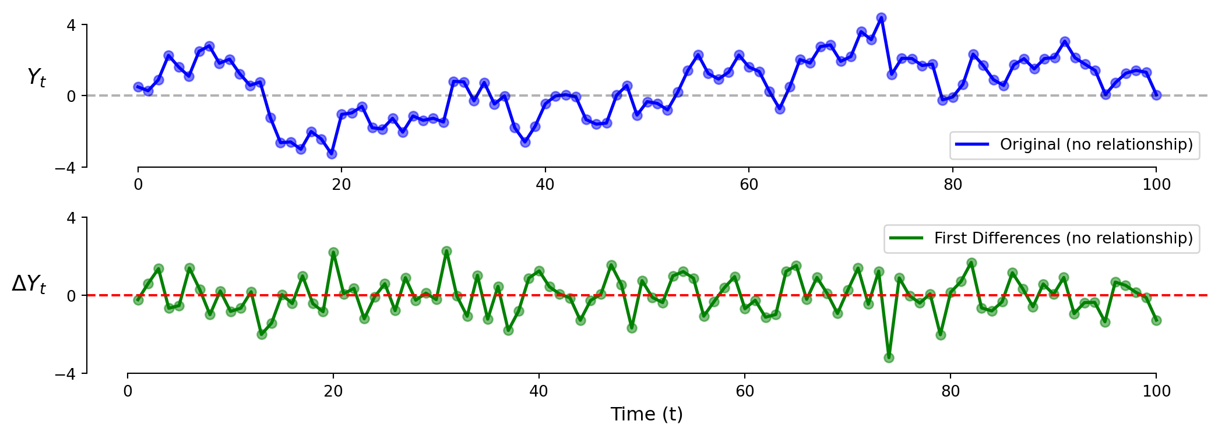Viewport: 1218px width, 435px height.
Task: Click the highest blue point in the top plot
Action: pyautogui.click(x=881, y=18)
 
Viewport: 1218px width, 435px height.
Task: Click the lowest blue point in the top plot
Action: pyautogui.click(x=332, y=154)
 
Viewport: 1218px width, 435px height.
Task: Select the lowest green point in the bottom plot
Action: pyautogui.click(x=889, y=358)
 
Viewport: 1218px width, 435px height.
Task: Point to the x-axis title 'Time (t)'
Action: pyautogui.click(x=646, y=414)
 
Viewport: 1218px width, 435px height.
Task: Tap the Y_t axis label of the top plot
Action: pyautogui.click(x=36, y=77)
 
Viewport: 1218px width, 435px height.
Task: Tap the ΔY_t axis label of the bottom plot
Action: pyautogui.click(x=29, y=284)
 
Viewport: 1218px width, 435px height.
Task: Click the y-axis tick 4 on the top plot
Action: pyautogui.click(x=71, y=25)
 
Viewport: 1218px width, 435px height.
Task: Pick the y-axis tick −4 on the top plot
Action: pyautogui.click(x=66, y=168)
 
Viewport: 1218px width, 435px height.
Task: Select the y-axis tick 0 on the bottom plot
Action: pyautogui.click(x=71, y=296)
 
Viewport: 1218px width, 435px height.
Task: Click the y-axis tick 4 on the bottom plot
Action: pyautogui.click(x=71, y=218)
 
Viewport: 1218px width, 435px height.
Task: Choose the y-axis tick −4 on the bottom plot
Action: pyautogui.click(x=66, y=374)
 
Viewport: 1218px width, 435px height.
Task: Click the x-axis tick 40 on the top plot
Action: pyautogui.click(x=545, y=185)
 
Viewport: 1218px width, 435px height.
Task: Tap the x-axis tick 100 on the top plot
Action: pyautogui.click(x=1156, y=185)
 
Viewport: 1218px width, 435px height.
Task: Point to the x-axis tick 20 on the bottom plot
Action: pyautogui.click(x=333, y=391)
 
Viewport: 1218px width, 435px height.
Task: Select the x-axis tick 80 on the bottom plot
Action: pyautogui.click(x=951, y=391)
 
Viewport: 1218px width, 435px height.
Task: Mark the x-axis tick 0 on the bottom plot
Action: pyautogui.click(x=128, y=391)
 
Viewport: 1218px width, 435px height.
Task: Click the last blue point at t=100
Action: pyautogui.click(x=1156, y=95)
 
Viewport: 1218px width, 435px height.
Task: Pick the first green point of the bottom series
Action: pyautogui.click(x=138, y=300)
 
